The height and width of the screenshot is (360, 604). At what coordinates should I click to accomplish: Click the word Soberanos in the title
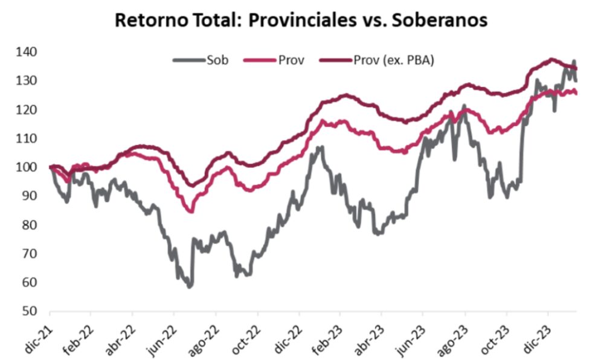point(440,20)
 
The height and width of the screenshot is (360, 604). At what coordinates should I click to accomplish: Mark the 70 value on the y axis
point(30,254)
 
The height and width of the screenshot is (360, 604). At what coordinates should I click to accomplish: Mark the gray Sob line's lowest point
point(190,286)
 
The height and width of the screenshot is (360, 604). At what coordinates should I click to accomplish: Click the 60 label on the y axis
point(30,283)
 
